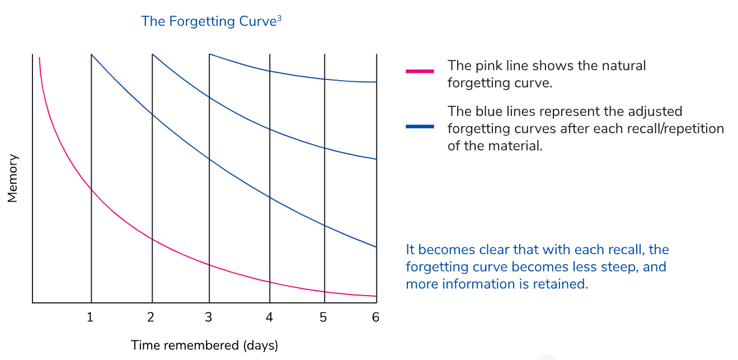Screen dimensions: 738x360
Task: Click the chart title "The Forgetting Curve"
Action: [x=209, y=22]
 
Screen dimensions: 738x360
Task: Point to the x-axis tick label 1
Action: [x=90, y=317]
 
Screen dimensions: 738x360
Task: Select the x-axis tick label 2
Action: [x=151, y=317]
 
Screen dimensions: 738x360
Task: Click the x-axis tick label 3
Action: [x=209, y=317]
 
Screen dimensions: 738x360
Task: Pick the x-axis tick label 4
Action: [x=269, y=317]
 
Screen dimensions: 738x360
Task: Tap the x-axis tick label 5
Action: [x=323, y=317]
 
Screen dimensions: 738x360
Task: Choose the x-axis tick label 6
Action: [x=375, y=317]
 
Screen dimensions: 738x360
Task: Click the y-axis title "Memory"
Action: [x=12, y=179]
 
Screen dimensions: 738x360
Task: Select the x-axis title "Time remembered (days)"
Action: [x=205, y=345]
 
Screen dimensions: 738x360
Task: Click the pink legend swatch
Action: [x=420, y=71]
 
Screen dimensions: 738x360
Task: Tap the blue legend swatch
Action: [x=420, y=127]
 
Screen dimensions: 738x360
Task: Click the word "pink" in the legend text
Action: [x=486, y=66]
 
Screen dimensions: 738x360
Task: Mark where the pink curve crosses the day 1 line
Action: [x=91, y=190]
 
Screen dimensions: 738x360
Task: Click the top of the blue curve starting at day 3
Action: [x=210, y=54]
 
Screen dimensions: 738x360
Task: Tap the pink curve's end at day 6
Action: [x=376, y=296]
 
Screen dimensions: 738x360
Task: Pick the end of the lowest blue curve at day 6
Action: [x=376, y=247]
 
